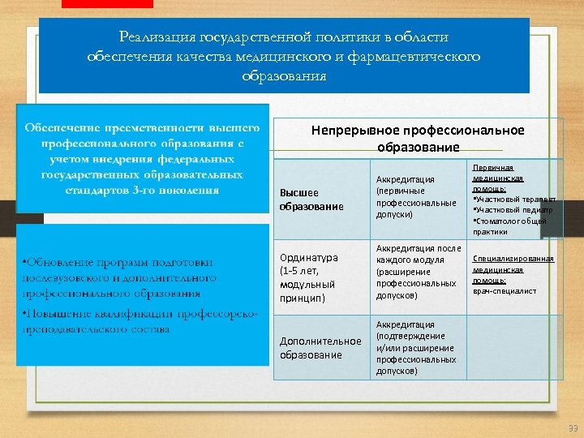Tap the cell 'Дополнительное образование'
pyautogui.click(x=320, y=348)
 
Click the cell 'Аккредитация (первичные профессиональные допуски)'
pyautogui.click(x=416, y=196)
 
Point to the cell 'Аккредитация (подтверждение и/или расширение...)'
pyautogui.click(x=416, y=347)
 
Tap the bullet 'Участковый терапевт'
pyautogui.click(x=513, y=199)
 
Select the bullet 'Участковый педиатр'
pyautogui.click(x=512, y=209)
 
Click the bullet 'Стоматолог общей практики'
pyautogui.click(x=509, y=225)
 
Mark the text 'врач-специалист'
pyautogui.click(x=505, y=290)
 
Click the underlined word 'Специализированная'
pyautogui.click(x=513, y=259)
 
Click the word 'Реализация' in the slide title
pyautogui.click(x=148, y=36)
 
